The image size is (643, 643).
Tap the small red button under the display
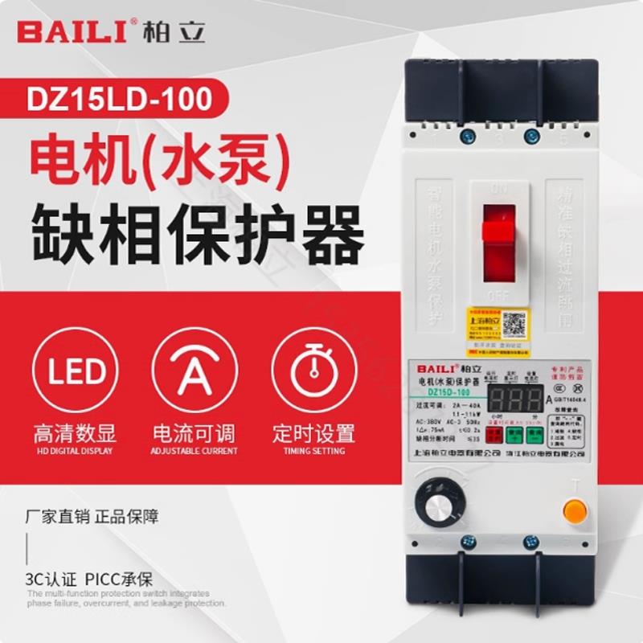492,435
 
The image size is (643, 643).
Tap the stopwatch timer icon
313,371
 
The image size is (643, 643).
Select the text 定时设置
313,434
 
